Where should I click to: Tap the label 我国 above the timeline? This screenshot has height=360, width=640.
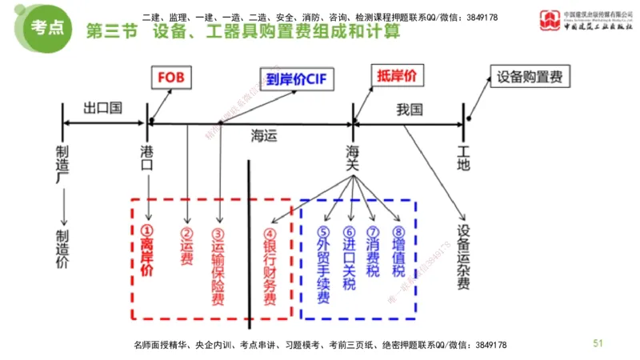408,110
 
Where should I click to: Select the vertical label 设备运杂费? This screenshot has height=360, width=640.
463,256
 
